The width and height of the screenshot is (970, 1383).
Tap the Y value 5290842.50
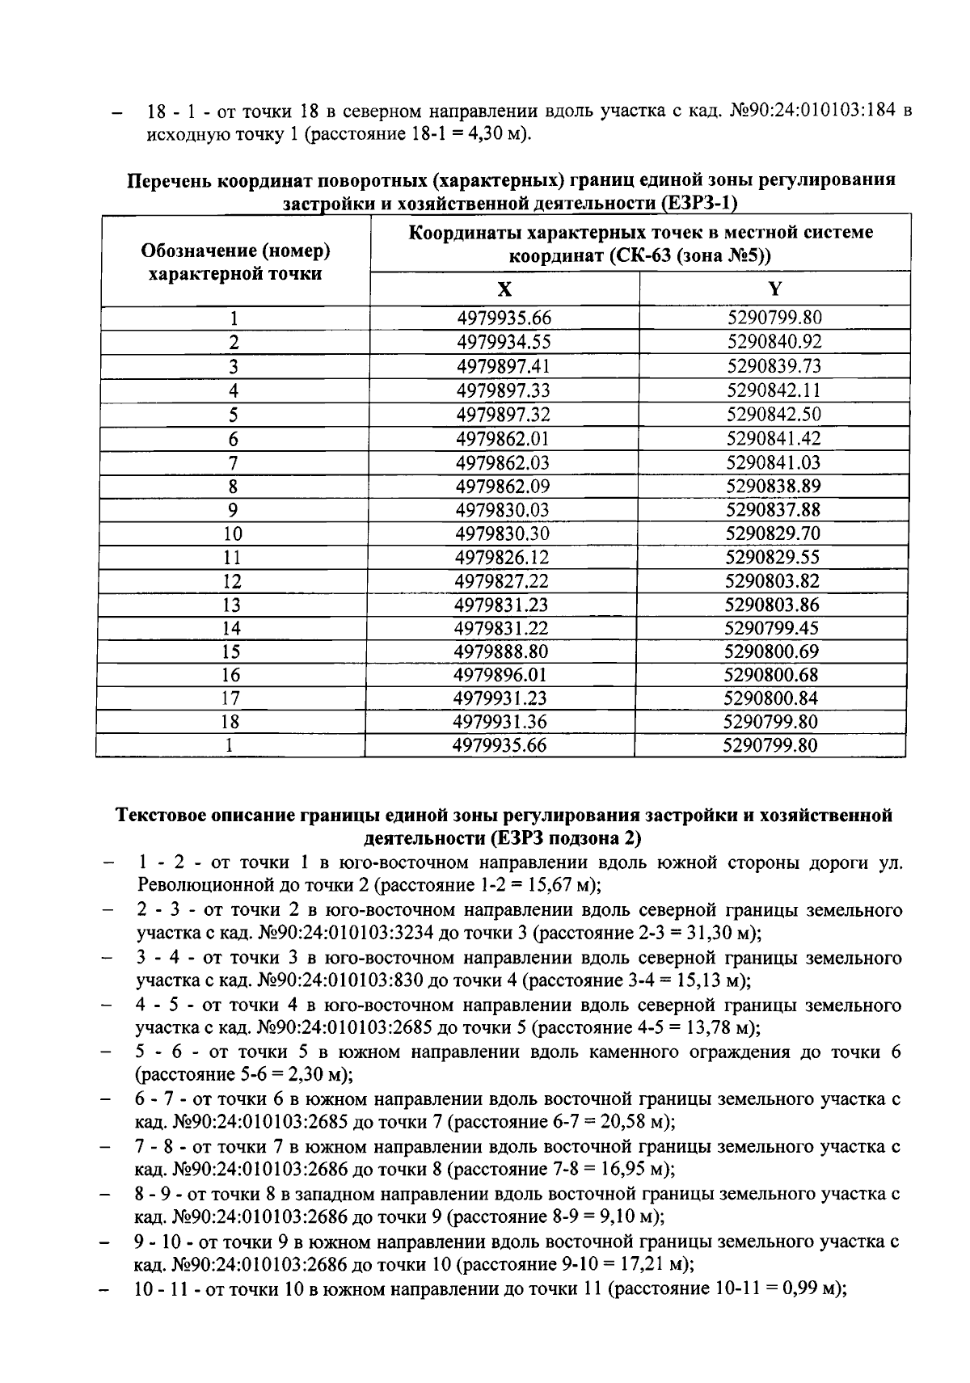point(774,415)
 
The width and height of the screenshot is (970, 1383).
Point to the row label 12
point(233,581)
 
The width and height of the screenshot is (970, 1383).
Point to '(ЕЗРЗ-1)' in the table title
point(699,202)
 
